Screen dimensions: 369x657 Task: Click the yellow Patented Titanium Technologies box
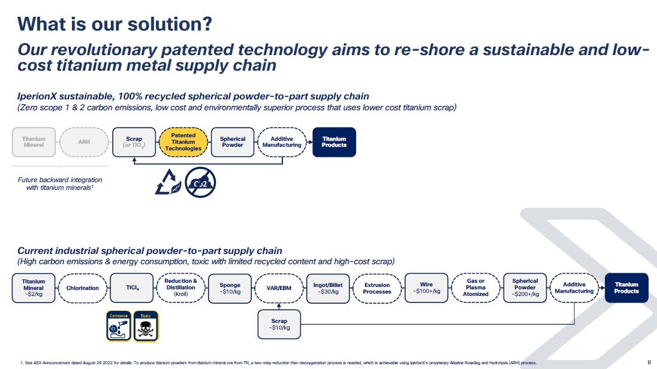click(183, 142)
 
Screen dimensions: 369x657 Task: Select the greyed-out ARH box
click(84, 142)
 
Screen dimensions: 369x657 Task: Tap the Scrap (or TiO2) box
click(134, 142)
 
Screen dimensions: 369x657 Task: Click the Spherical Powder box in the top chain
click(233, 142)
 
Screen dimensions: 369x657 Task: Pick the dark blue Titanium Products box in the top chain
click(334, 142)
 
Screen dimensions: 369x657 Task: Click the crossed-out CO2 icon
click(200, 182)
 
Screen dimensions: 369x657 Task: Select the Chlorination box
click(83, 288)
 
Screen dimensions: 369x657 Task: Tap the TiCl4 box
click(132, 288)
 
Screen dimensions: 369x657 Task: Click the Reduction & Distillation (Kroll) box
click(180, 288)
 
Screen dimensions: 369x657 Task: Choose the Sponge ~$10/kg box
click(230, 288)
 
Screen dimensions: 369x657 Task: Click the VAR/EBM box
click(279, 288)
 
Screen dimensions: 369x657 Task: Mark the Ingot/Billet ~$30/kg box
click(328, 288)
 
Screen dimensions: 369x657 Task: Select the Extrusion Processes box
click(377, 288)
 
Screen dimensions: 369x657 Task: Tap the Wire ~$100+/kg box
click(427, 288)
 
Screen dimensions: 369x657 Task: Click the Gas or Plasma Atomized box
click(476, 288)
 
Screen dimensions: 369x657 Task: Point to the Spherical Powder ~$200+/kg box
click(525, 288)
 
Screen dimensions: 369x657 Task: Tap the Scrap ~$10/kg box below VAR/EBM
click(279, 324)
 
